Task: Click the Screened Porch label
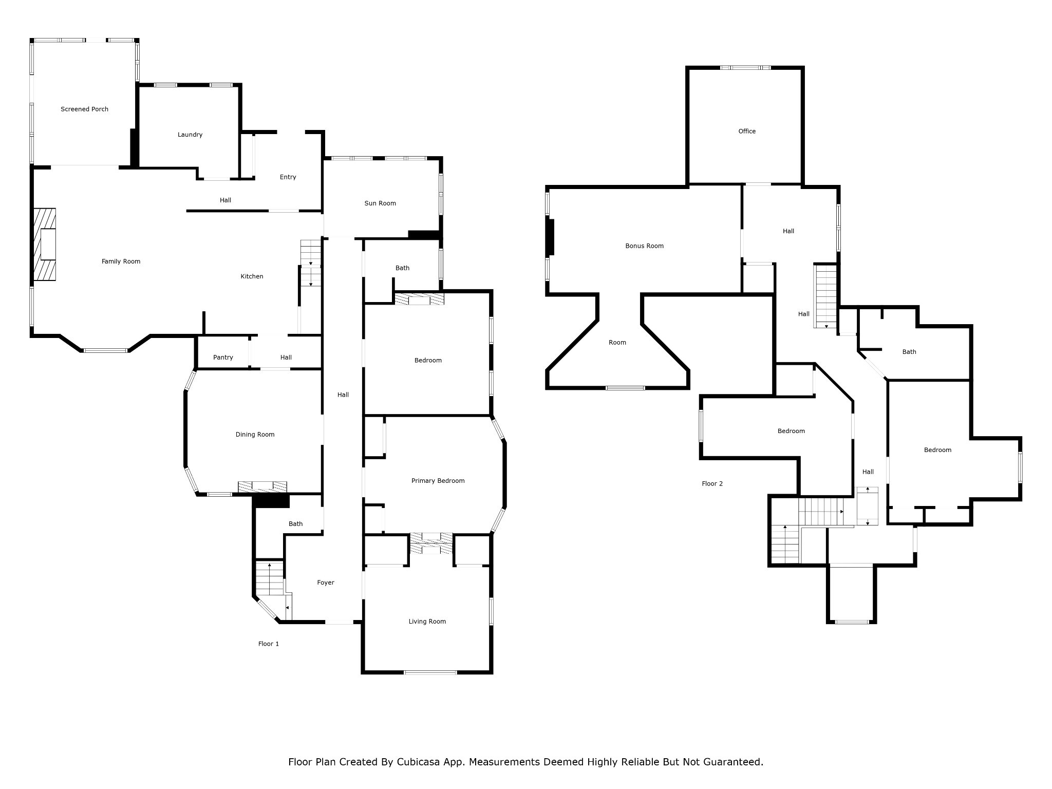[x=84, y=109]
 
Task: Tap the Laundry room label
[x=190, y=135]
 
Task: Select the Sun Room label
[x=380, y=203]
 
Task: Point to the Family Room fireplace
[x=45, y=245]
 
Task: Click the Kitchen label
[x=252, y=276]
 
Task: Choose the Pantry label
[x=223, y=358]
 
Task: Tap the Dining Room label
[x=255, y=435]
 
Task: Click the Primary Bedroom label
[x=438, y=481]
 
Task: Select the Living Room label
[x=427, y=622]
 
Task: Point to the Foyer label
[x=326, y=583]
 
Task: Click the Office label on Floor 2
[x=747, y=131]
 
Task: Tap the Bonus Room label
[x=644, y=246]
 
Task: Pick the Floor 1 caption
[x=268, y=644]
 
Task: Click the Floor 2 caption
[x=712, y=484]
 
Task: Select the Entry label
[x=288, y=177]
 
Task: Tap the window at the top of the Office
[x=745, y=67]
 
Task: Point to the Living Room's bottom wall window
[x=430, y=672]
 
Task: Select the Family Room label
[x=121, y=261]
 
